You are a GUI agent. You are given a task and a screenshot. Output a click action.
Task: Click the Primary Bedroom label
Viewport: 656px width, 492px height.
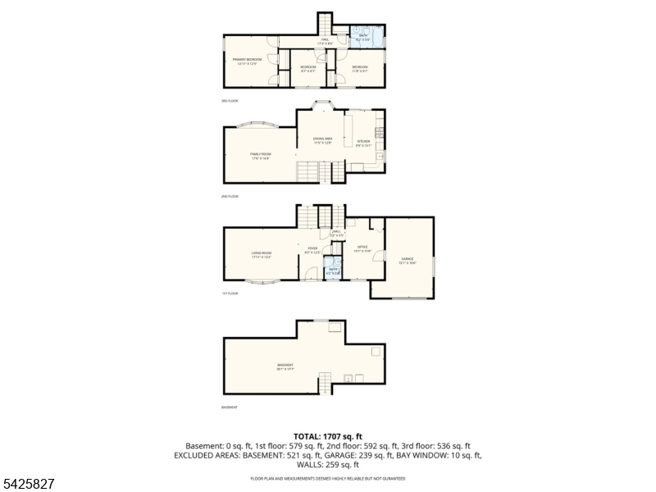click(247, 61)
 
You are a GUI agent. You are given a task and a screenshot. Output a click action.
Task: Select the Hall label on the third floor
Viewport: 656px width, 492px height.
click(325, 41)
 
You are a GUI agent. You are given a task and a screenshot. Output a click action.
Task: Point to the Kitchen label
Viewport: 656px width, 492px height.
click(364, 143)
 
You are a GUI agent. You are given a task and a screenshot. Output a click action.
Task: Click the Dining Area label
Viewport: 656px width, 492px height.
click(322, 141)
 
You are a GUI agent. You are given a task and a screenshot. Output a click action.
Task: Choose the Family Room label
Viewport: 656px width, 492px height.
click(260, 155)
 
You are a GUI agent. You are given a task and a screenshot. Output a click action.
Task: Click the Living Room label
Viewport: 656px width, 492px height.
click(261, 254)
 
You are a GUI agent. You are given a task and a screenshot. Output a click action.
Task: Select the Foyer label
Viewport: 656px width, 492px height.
click(312, 250)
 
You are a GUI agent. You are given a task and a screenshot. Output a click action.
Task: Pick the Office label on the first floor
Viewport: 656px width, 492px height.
click(362, 248)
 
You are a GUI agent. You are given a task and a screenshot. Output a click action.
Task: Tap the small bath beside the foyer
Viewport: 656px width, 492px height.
click(333, 270)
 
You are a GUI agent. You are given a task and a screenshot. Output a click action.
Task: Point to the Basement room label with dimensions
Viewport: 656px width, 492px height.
click(285, 367)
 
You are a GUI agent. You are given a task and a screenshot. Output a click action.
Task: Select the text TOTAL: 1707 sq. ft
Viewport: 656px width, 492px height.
click(327, 436)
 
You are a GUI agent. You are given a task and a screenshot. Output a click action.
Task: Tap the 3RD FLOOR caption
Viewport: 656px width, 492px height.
click(230, 101)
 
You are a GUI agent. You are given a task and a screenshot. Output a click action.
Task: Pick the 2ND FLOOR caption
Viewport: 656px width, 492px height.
click(230, 197)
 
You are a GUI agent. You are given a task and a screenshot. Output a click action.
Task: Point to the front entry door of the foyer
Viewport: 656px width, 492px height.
click(312, 280)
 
